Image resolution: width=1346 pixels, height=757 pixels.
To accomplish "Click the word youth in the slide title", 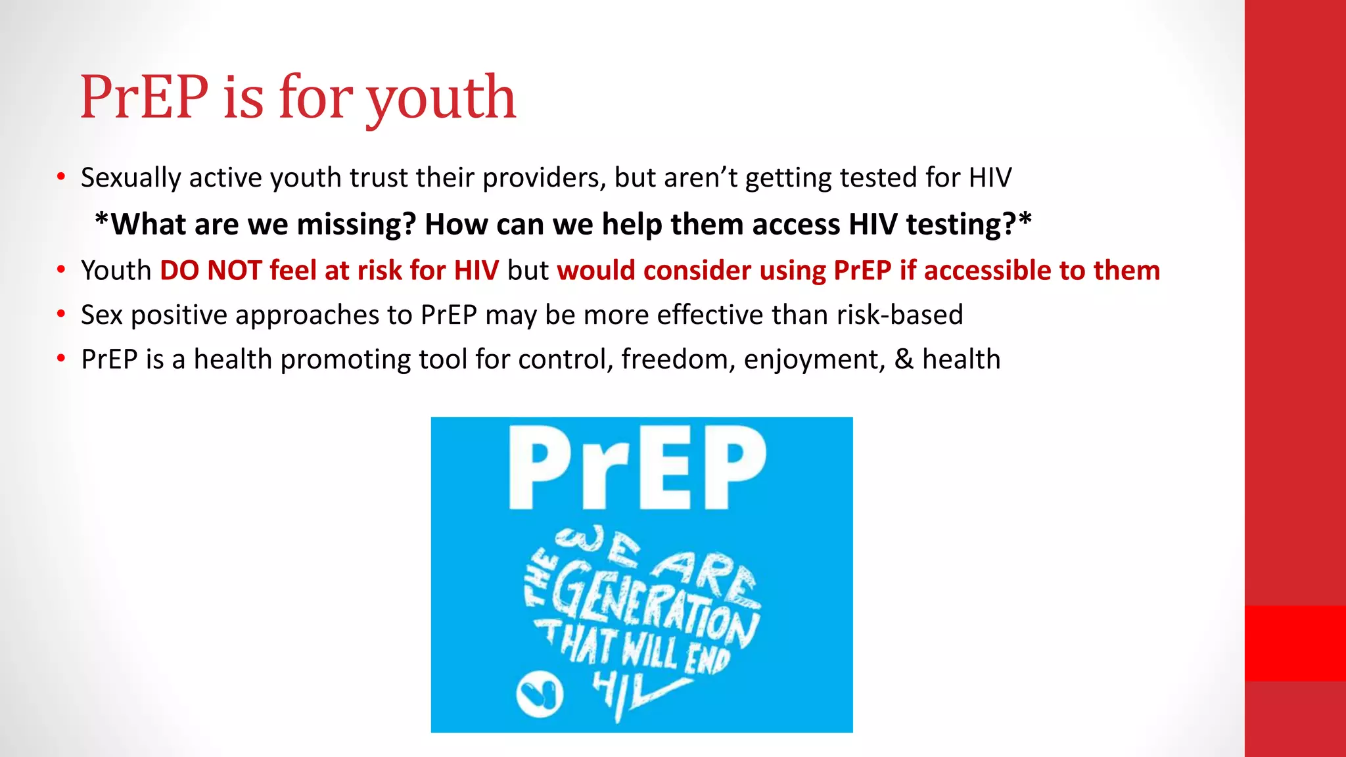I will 441,99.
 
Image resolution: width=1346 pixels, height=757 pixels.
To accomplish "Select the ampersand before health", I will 904,360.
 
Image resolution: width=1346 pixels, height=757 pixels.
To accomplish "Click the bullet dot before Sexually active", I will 61,177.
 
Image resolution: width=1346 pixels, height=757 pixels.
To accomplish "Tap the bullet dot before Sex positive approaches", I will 61,315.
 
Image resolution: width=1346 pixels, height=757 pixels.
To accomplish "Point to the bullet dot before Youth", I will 61,270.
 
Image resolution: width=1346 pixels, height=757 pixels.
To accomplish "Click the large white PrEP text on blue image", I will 638,468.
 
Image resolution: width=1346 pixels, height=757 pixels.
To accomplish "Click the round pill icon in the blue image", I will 539,694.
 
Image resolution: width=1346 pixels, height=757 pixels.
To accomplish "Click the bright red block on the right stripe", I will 1295,643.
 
